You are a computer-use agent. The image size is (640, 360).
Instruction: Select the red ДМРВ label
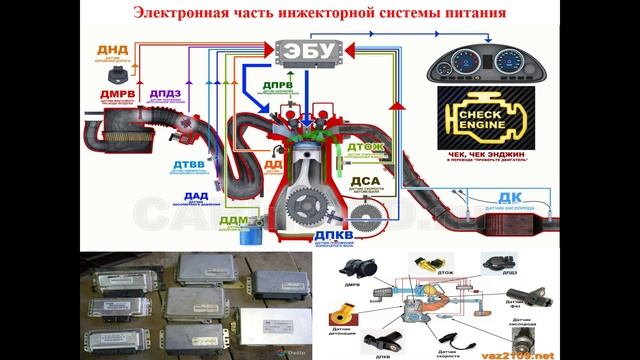coord(112,96)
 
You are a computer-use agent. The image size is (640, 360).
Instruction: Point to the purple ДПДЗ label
coord(166,96)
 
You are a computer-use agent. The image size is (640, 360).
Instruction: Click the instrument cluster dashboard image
coord(480,64)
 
